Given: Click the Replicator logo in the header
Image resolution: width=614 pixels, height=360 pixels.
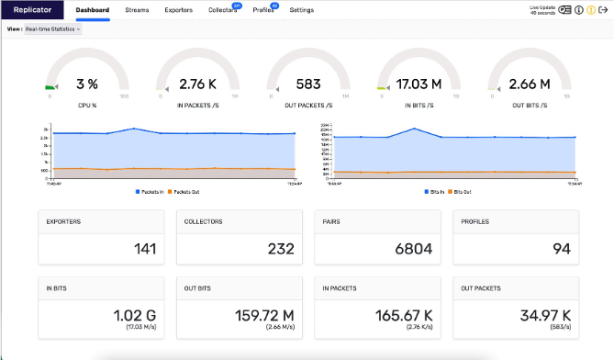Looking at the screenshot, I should tap(32, 10).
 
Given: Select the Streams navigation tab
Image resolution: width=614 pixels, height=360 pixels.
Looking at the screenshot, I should tap(137, 10).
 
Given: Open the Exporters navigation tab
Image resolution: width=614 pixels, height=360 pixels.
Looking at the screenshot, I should tap(178, 10).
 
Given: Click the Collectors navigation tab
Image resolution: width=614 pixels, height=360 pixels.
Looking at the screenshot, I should tap(222, 10).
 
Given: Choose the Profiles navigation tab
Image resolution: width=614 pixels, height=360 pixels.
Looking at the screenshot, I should tap(263, 10).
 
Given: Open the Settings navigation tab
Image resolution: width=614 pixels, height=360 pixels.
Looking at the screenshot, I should tap(301, 10).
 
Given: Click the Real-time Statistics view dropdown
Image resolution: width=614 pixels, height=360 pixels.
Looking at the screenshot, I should tap(52, 28).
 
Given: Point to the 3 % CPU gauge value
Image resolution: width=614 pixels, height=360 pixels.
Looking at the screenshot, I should tap(87, 84).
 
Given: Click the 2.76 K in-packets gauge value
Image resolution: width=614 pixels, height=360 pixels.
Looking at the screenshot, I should tap(197, 84).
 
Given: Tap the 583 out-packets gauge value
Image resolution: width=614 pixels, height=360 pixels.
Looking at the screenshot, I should tap(308, 84).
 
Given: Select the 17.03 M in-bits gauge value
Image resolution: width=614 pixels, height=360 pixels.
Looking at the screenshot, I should tap(419, 84).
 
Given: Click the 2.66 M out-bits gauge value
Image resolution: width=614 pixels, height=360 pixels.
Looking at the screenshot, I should tap(530, 84).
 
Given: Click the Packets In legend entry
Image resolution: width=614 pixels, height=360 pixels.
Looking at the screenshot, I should tap(151, 191).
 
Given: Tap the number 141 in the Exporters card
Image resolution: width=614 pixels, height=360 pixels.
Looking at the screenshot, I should tap(145, 248).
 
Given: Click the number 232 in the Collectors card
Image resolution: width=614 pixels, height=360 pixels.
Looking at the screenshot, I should tap(283, 248).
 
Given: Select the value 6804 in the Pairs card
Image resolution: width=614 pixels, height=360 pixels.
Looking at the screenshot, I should tap(413, 248).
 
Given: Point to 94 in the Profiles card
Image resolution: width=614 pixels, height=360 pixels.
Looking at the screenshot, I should tap(562, 248).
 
